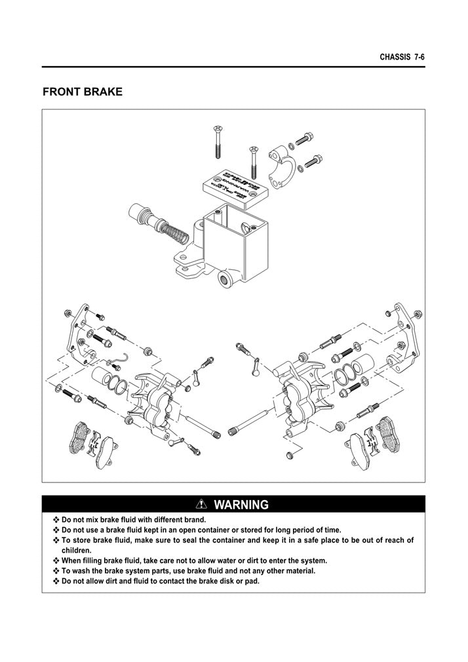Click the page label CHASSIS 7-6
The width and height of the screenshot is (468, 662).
click(402, 58)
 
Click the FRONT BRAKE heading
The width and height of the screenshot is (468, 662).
click(83, 92)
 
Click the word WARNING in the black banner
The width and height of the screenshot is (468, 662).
click(241, 505)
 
